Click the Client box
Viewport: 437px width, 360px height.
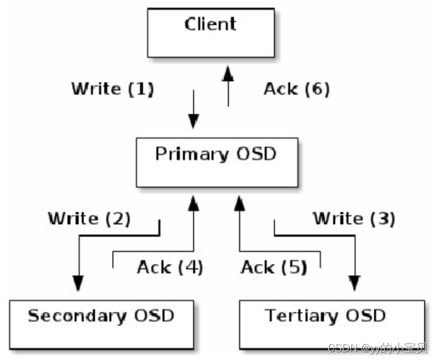tap(210, 33)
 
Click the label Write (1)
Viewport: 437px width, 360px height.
tap(113, 89)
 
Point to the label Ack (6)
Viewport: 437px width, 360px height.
tap(296, 89)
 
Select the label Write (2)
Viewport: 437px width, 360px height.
tap(89, 219)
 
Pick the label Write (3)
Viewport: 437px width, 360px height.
tap(354, 219)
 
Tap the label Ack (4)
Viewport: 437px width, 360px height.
tap(170, 268)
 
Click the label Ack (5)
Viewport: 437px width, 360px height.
tap(274, 268)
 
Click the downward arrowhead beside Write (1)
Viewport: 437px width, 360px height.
tap(193, 122)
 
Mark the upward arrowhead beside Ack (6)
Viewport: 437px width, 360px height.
tap(228, 74)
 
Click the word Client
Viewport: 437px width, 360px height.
tap(210, 24)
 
